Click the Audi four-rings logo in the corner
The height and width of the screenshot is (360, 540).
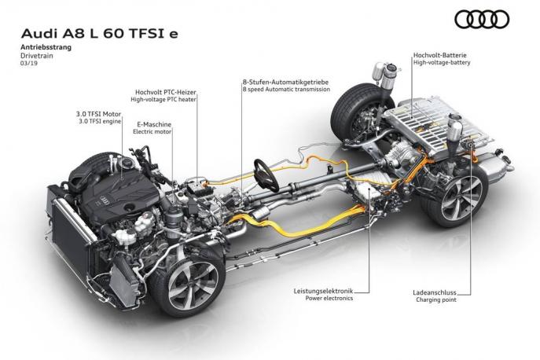(482, 20)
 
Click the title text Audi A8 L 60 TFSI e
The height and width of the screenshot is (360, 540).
(100, 34)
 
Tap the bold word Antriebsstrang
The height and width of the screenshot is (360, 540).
(46, 47)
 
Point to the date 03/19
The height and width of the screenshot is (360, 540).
(29, 64)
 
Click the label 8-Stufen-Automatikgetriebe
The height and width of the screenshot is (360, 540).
(285, 83)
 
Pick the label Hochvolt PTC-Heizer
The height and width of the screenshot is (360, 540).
(166, 92)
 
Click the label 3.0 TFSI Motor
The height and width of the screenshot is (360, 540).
(98, 114)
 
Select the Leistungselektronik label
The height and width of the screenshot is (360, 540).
(323, 291)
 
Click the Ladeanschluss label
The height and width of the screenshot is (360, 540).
(435, 292)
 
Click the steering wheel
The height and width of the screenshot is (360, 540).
(266, 175)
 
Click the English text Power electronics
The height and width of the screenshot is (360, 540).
(329, 299)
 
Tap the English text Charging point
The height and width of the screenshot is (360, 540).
(436, 299)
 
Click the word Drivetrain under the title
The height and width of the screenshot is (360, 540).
(37, 56)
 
